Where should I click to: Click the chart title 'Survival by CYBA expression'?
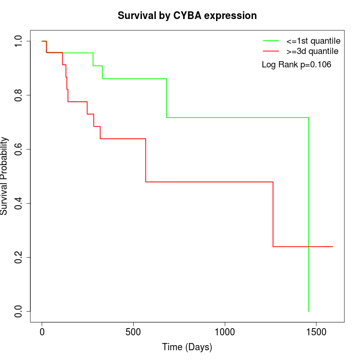187,15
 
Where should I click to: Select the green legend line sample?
271,40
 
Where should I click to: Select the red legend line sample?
271,51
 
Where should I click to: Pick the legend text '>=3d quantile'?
312,51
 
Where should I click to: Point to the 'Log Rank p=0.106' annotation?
296,65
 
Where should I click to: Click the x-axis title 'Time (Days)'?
187,348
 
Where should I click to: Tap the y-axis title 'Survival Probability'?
5,176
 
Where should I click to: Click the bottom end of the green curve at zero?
309,311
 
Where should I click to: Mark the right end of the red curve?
333,246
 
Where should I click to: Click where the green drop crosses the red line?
309,246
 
